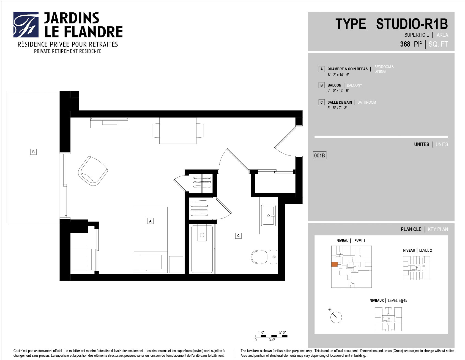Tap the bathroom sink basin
[268, 215]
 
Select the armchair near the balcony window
[93, 171]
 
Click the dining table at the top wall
[178, 131]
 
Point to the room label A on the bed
[150, 221]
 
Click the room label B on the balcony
[33, 152]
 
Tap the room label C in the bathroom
[238, 236]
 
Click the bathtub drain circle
[202, 235]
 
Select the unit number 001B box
[319, 155]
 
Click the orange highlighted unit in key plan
[334, 264]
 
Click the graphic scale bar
[271, 336]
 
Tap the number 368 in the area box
[405, 44]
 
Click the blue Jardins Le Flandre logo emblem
[26, 25]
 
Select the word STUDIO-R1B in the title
[412, 24]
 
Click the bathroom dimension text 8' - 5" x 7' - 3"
[337, 108]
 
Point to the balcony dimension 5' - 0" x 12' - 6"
[338, 91]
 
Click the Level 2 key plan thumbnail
[417, 268]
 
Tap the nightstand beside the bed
[176, 264]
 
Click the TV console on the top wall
[110, 123]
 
